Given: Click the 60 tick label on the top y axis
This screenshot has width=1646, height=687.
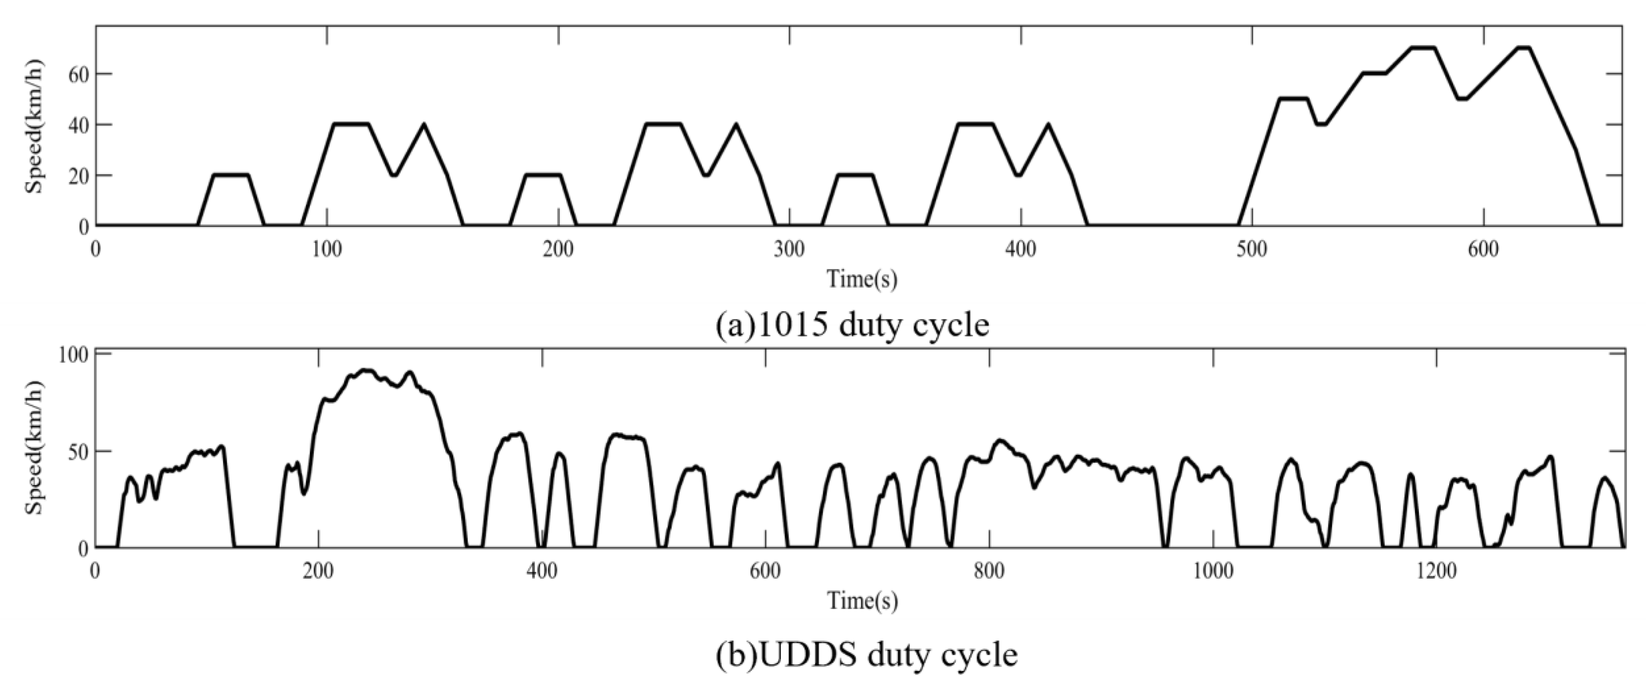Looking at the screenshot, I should [x=78, y=74].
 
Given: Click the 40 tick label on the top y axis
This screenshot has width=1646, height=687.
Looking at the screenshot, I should [x=78, y=124].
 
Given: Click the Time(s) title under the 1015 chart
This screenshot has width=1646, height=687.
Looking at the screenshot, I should [x=862, y=279].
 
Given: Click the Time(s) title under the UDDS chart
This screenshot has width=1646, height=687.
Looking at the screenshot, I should [x=862, y=601].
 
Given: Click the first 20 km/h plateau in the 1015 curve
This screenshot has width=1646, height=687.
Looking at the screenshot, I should [x=231, y=175].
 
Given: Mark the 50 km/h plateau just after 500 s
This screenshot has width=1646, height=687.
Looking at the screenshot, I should [x=1293, y=99].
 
